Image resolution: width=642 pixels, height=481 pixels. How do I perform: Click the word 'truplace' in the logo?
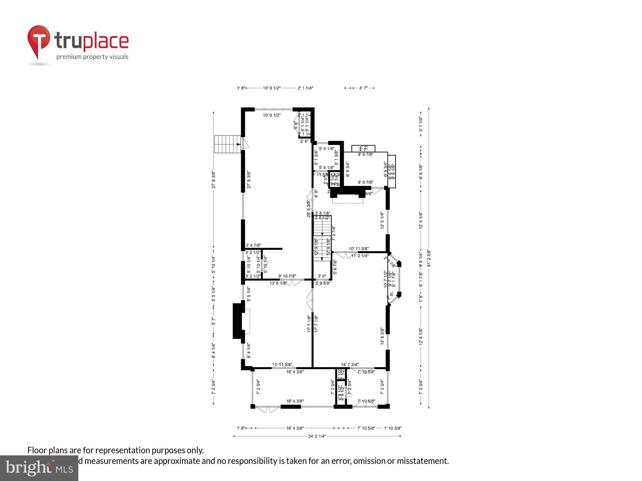[x=91, y=41]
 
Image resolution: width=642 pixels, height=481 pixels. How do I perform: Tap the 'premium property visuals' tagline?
[x=92, y=57]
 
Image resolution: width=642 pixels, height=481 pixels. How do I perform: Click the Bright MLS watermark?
[x=39, y=468]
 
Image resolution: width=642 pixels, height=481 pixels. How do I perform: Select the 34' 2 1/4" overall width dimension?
[x=317, y=436]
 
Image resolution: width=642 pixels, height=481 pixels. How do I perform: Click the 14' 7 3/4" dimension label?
[x=350, y=365]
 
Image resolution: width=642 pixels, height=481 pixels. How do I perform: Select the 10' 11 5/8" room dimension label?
[x=359, y=249]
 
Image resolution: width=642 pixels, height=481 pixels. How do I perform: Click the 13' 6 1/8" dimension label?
[x=278, y=283]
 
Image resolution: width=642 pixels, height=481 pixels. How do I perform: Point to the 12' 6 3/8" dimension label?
[x=382, y=336]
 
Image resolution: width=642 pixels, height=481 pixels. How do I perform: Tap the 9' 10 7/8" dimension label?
[x=287, y=276]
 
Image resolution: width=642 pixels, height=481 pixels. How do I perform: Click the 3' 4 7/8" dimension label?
[x=253, y=245]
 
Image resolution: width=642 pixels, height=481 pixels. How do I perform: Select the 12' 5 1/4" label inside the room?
[x=382, y=220]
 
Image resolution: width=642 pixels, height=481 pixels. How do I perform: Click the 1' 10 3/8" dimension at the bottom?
[x=393, y=428]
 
